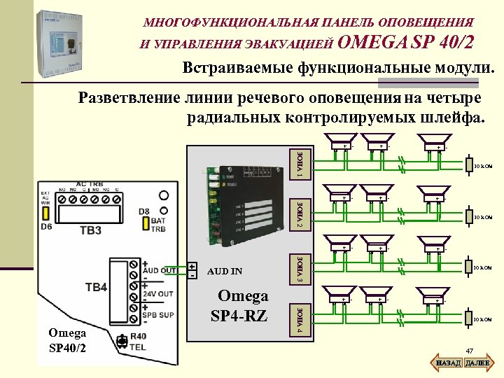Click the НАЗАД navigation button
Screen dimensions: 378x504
tap(447, 363)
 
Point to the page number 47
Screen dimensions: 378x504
tap(470, 351)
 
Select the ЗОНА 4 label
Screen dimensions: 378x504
tap(299, 319)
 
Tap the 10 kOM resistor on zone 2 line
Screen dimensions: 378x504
tap(482, 217)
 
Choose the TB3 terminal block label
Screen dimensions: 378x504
tap(91, 230)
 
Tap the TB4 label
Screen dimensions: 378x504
tap(96, 287)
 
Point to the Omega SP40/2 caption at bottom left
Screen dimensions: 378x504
tap(67, 341)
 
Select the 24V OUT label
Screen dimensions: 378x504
tap(158, 294)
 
